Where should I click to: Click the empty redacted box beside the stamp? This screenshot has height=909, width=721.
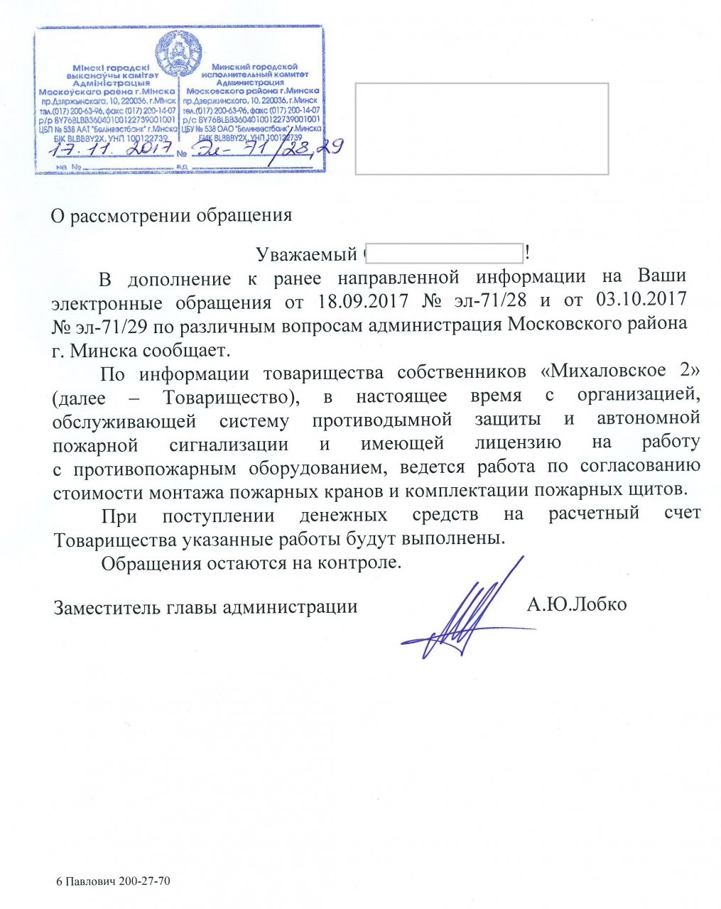[x=482, y=129]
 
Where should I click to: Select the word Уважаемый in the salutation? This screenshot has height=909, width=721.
[x=306, y=254]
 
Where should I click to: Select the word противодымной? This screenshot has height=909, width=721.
[x=382, y=420]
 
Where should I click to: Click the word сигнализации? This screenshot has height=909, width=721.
[x=229, y=445]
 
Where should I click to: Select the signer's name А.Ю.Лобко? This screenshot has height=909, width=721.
[x=576, y=604]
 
